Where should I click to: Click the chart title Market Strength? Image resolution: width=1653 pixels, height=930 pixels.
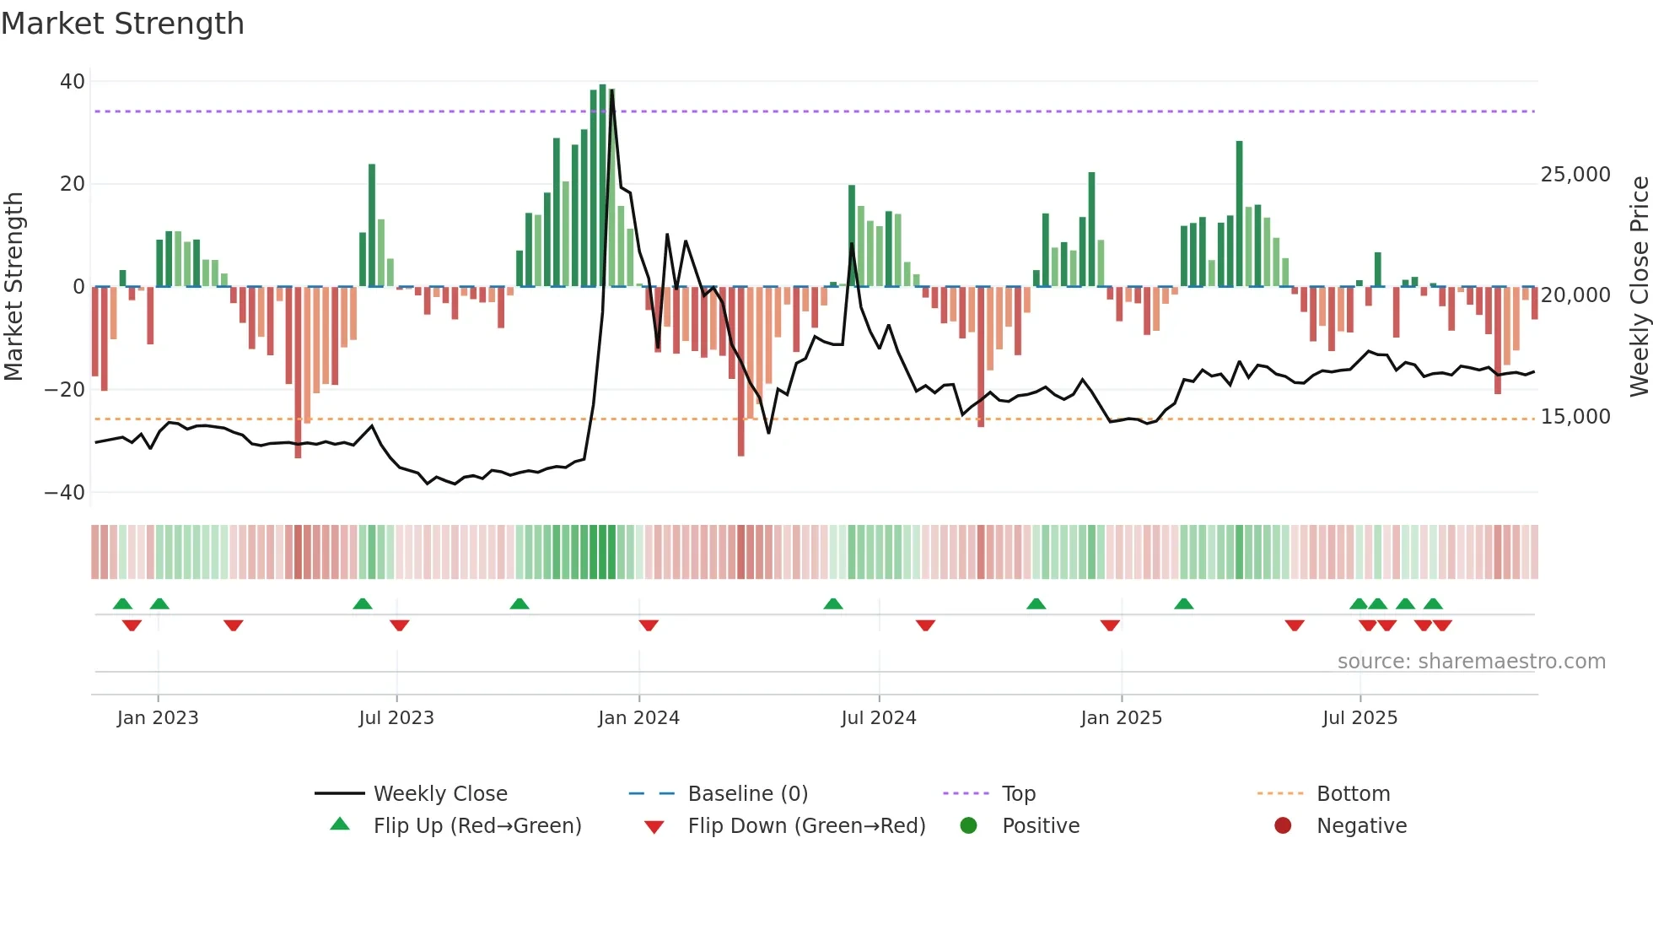122,24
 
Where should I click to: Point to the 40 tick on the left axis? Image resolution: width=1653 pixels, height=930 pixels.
73,82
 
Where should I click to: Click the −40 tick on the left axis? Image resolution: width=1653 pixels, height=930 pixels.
65,493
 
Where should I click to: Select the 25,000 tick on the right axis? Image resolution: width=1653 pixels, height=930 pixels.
1575,175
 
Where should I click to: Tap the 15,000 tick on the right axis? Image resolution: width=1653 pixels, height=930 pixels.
1575,417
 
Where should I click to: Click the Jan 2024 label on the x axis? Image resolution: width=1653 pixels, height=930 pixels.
638,718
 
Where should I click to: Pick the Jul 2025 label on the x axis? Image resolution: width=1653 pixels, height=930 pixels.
1360,718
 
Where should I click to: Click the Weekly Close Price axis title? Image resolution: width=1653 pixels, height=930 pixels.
1639,287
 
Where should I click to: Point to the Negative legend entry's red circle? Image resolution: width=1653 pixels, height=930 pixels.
1283,826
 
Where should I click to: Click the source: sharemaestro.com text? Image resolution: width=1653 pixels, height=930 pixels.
1471,662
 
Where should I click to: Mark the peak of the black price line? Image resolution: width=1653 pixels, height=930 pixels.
612,91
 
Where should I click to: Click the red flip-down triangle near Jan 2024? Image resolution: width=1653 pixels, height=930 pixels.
649,625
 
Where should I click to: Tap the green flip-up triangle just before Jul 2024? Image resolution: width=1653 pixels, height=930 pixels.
833,603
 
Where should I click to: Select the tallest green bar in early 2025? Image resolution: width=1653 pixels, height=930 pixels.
1239,211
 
